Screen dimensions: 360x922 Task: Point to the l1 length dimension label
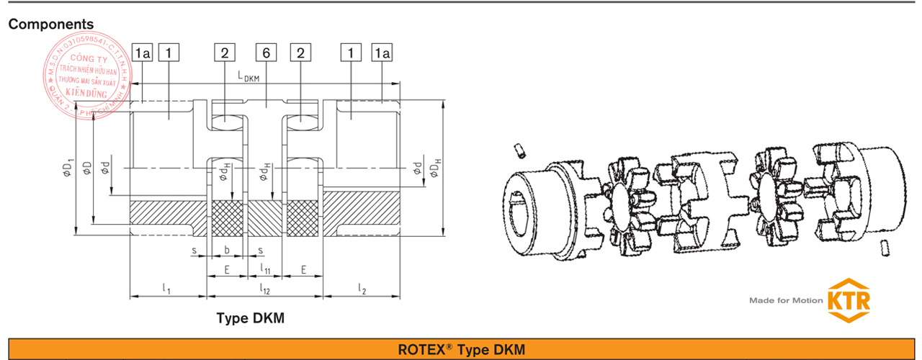tap(166, 289)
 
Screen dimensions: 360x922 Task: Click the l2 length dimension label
tap(362, 289)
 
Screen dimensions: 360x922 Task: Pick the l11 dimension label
tap(264, 270)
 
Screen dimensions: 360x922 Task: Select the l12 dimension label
tap(265, 289)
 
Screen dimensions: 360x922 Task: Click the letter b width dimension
tap(227, 251)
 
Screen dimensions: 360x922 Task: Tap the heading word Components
tap(51, 24)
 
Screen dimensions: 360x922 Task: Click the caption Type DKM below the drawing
tap(251, 318)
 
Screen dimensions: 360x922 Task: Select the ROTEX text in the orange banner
tap(424, 350)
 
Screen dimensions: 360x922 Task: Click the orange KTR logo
tap(849, 300)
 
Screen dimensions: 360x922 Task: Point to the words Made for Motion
tap(785, 300)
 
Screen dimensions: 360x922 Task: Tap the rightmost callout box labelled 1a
tap(382, 53)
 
